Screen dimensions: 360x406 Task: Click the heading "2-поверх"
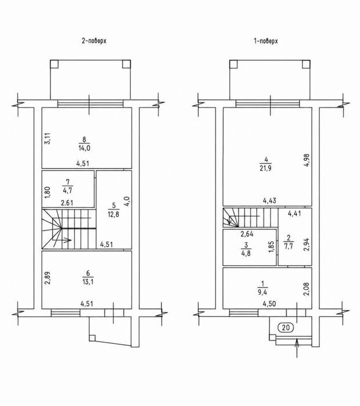[x=94, y=41]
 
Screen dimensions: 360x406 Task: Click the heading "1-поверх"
[x=266, y=41]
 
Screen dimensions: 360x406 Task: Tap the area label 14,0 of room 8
[x=84, y=148]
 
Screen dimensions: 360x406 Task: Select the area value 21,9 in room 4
[x=265, y=168]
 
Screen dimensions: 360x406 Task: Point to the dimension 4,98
[x=307, y=160]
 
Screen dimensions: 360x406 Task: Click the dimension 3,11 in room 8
[x=48, y=138]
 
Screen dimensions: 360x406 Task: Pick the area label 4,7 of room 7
[x=67, y=191]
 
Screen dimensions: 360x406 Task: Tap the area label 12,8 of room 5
[x=113, y=214]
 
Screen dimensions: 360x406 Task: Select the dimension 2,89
[x=48, y=278]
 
